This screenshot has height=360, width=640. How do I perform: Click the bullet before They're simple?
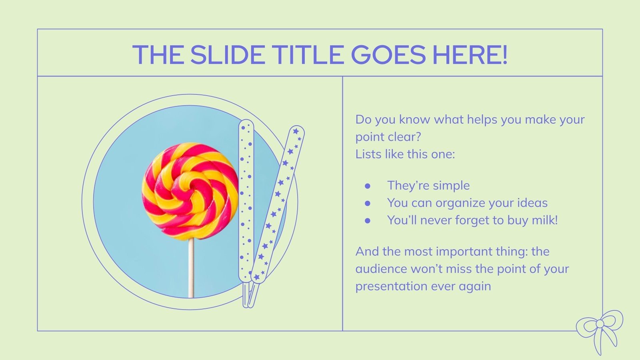point(368,186)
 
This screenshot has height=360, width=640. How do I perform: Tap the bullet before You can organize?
point(368,203)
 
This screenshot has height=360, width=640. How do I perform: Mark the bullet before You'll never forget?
point(368,220)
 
